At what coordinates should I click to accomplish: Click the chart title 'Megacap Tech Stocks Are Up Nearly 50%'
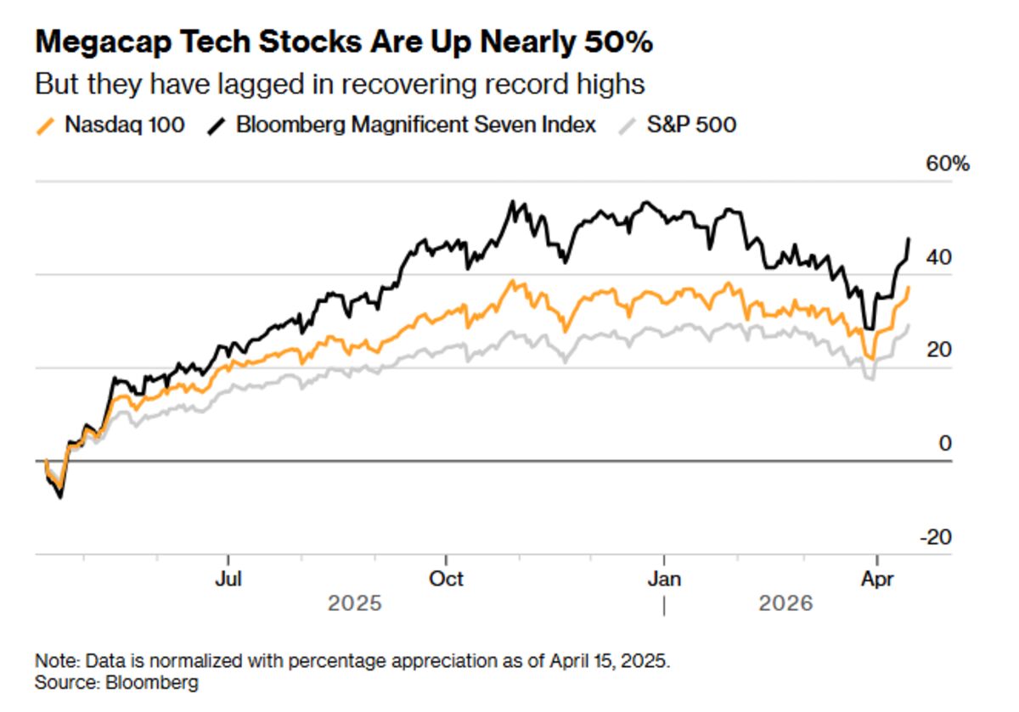343,42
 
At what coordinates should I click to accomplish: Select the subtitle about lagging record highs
340,84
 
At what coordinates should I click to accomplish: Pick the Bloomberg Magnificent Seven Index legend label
416,125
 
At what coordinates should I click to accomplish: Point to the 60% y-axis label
947,164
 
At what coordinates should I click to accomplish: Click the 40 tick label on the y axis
939,257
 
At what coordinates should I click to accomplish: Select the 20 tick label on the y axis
939,350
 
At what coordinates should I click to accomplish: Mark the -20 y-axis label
936,536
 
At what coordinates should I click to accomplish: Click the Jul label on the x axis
228,579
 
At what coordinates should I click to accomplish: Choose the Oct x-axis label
446,579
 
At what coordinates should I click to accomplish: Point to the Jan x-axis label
663,579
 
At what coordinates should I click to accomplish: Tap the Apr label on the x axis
877,579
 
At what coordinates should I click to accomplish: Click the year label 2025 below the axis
355,604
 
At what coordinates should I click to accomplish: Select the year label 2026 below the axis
785,604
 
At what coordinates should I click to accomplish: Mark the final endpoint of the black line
909,238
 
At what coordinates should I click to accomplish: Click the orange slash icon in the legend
48,126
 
